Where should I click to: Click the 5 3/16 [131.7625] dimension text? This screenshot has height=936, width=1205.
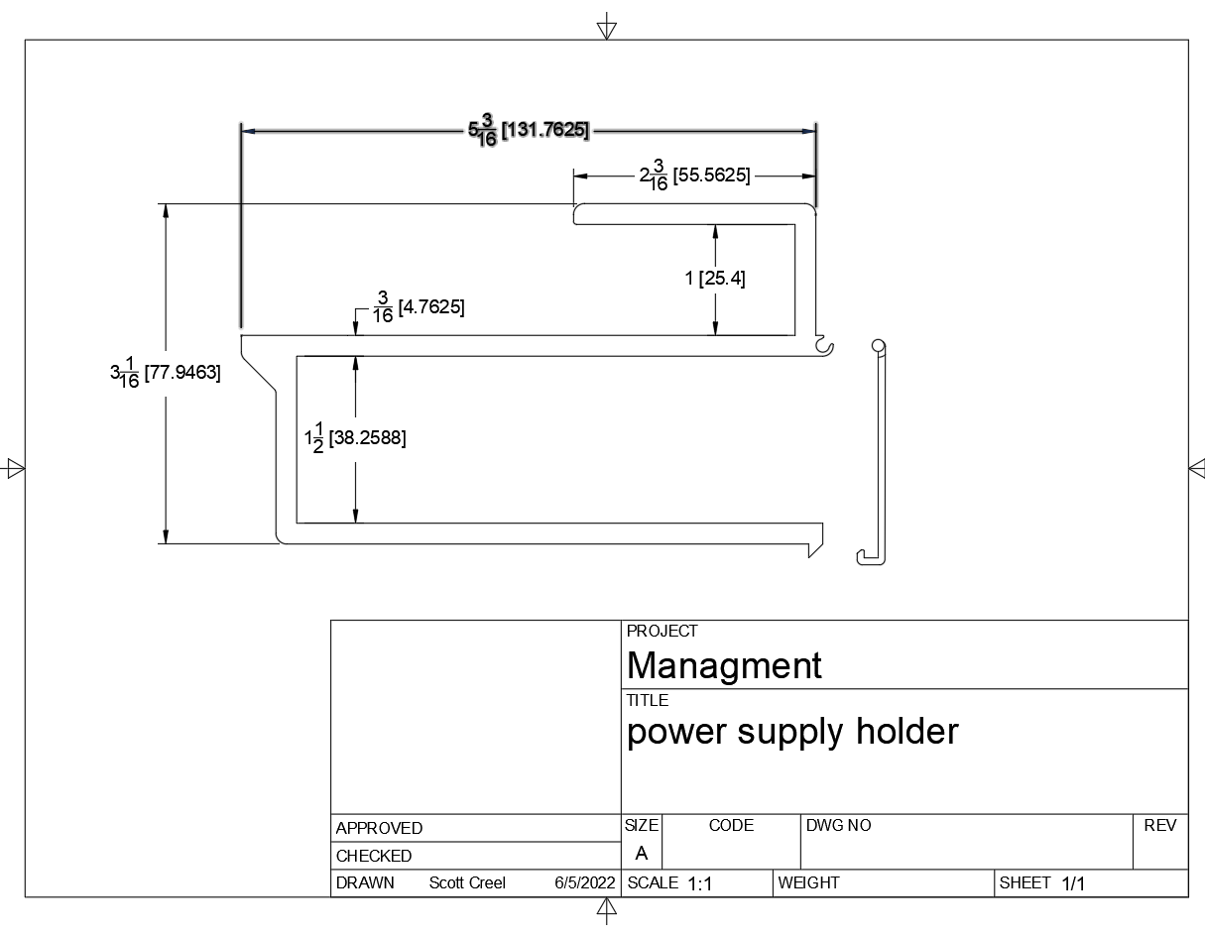pyautogui.click(x=529, y=130)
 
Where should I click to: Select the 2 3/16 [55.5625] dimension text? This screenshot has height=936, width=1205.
pyautogui.click(x=695, y=175)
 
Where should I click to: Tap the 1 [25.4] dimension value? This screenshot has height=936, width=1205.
pyautogui.click(x=715, y=278)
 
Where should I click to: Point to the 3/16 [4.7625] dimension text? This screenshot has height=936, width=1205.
pyautogui.click(x=419, y=306)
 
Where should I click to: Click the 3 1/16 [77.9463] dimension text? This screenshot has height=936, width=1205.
pyautogui.click(x=166, y=372)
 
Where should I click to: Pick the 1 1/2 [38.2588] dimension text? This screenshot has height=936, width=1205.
pyautogui.click(x=355, y=437)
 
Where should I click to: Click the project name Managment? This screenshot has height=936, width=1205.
pyautogui.click(x=724, y=664)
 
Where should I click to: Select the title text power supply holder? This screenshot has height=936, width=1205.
pyautogui.click(x=792, y=732)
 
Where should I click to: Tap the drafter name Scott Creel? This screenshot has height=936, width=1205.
pyautogui.click(x=467, y=882)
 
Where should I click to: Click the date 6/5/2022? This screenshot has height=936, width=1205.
pyautogui.click(x=584, y=882)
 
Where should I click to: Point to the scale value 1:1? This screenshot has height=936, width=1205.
pyautogui.click(x=700, y=883)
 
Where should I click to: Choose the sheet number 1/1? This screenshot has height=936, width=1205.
pyautogui.click(x=1073, y=883)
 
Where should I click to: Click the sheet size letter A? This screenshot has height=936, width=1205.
pyautogui.click(x=642, y=853)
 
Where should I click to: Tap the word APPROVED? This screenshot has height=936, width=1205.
pyautogui.click(x=379, y=828)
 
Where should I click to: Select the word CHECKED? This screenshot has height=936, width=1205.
pyautogui.click(x=374, y=856)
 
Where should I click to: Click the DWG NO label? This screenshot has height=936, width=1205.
pyautogui.click(x=838, y=825)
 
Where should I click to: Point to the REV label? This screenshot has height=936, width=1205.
pyautogui.click(x=1159, y=825)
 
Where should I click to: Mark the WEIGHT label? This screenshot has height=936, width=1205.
pyautogui.click(x=808, y=882)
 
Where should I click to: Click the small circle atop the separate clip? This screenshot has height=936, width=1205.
pyautogui.click(x=878, y=346)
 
